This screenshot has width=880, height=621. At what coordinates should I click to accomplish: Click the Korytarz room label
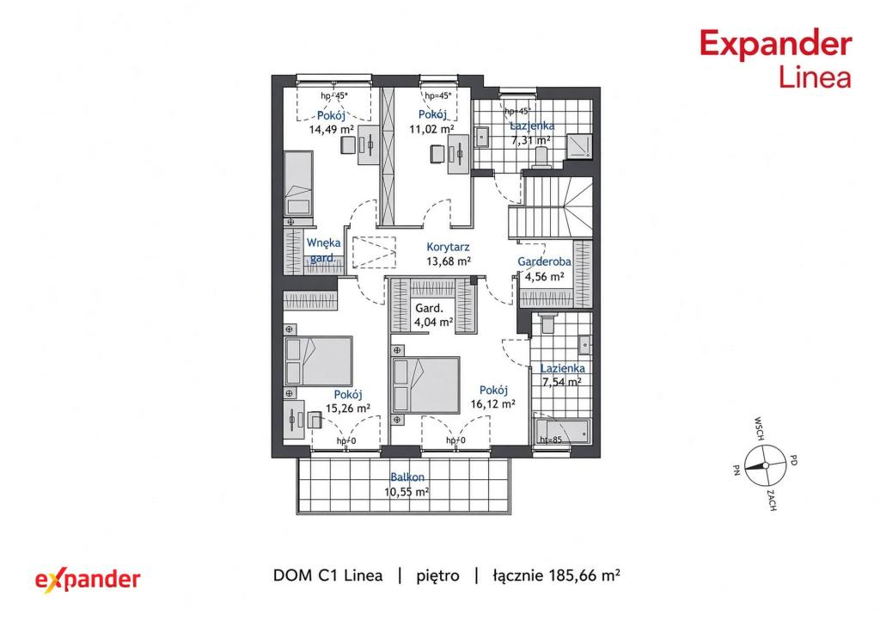click(448, 247)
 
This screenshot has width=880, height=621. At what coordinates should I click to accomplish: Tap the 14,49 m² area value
click(331, 129)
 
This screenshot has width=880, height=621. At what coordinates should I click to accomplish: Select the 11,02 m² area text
click(431, 128)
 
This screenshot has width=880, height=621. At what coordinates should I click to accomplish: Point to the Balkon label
click(407, 477)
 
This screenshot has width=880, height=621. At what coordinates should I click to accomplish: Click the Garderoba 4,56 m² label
click(544, 268)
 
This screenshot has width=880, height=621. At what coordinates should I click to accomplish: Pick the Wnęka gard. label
click(323, 250)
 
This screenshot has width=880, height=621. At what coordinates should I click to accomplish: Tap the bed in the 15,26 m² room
click(318, 361)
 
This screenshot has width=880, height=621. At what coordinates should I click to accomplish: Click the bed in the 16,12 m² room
click(426, 384)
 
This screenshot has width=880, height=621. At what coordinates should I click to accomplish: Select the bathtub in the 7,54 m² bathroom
click(562, 431)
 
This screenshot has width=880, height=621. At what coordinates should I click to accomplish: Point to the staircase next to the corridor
click(551, 208)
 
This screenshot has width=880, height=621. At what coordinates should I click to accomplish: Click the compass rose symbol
click(764, 465)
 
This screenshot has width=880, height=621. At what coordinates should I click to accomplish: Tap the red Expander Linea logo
click(776, 59)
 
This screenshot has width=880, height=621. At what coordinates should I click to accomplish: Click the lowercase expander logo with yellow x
click(88, 580)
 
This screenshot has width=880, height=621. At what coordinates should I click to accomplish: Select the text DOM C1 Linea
click(327, 575)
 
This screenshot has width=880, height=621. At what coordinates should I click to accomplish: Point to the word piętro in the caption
click(437, 576)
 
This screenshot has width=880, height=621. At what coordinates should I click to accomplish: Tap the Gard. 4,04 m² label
click(433, 315)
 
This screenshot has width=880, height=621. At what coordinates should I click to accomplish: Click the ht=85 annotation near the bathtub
click(551, 440)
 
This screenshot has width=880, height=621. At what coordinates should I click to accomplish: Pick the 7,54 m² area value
click(561, 383)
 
